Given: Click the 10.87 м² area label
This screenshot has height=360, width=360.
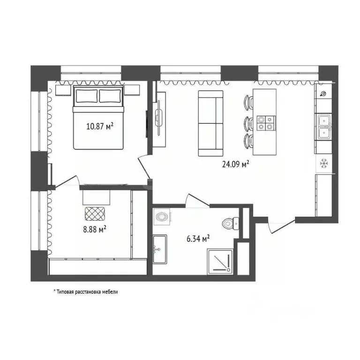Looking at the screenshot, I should point(100,126).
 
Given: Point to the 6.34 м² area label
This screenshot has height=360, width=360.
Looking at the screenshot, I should point(197,238).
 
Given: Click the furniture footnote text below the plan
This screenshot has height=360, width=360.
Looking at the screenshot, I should point(86,292).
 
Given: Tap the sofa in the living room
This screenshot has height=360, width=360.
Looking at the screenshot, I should point(210,123).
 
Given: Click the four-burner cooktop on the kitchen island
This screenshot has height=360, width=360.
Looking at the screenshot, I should point(264,122).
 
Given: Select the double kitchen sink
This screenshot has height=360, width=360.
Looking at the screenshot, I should point(323,127).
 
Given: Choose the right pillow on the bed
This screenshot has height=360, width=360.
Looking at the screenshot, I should point(110,96).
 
